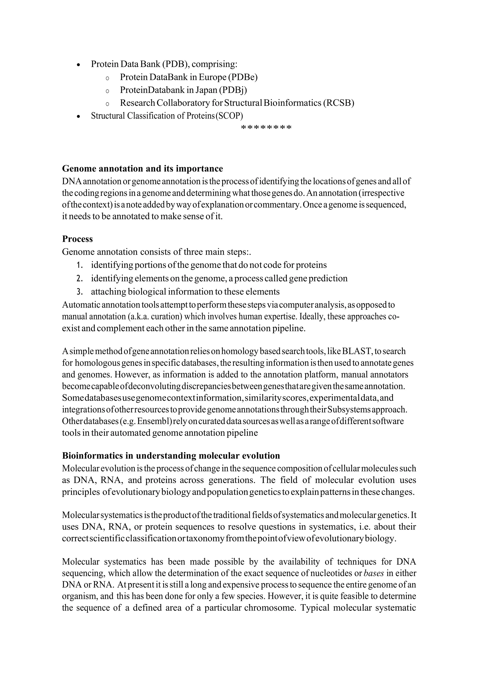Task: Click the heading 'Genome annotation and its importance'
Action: click(x=142, y=169)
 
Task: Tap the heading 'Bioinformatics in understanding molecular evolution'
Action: click(x=171, y=456)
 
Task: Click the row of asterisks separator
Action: click(x=266, y=128)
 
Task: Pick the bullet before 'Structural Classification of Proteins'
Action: click(x=78, y=117)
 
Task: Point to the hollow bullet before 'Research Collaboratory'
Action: click(x=107, y=104)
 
